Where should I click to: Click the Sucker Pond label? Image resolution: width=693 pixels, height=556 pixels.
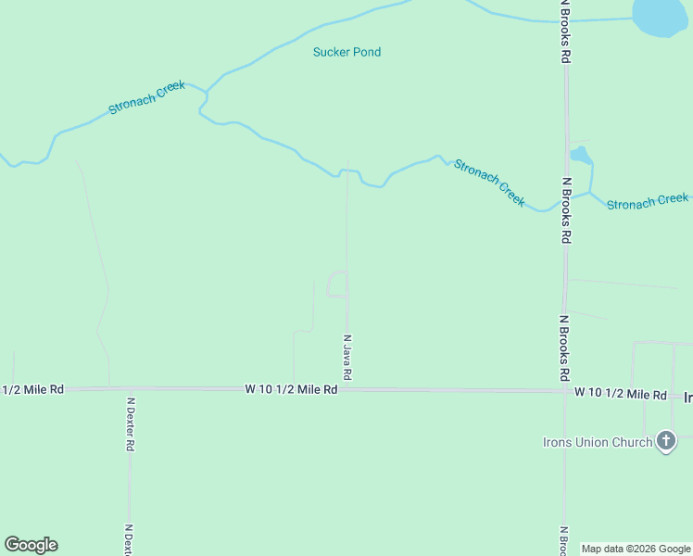point(346,52)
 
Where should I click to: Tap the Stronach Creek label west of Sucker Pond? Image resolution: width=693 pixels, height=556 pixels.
point(146,97)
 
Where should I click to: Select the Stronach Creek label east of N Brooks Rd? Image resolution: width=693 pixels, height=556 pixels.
point(647,201)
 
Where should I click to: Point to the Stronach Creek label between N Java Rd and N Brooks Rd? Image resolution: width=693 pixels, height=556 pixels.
point(488,183)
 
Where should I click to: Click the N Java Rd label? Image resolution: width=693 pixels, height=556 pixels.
point(347,358)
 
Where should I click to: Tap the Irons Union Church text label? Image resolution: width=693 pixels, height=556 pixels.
point(597,442)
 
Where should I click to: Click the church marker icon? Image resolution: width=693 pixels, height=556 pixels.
point(665,441)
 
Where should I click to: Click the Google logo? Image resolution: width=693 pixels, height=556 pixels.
point(31,545)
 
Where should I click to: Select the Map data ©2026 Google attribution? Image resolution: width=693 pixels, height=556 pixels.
point(636,550)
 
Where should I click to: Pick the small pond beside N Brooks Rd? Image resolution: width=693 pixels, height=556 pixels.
point(580,155)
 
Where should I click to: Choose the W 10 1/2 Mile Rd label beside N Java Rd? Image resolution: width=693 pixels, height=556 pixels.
point(291,390)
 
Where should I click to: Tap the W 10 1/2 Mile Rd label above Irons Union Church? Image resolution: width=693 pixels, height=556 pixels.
point(620,395)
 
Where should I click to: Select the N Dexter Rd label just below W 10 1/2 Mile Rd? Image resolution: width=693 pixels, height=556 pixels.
point(130,424)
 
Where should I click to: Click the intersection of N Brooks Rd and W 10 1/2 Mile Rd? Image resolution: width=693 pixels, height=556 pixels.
point(564,391)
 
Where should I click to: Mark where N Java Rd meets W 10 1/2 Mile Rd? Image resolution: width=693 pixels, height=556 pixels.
point(347,390)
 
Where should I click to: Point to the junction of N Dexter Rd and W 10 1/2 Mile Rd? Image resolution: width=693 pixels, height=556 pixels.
point(130,390)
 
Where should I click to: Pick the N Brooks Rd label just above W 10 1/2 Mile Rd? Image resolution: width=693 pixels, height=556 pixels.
point(563,347)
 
